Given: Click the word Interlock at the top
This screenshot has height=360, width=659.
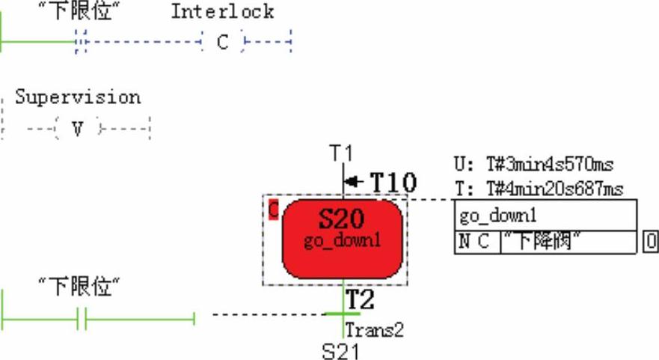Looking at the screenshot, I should [222, 12].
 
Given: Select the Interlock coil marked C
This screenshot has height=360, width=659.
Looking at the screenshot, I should [223, 43].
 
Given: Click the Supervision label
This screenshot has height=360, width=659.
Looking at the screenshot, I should [78, 97].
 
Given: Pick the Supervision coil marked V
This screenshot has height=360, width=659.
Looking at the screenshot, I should [77, 129].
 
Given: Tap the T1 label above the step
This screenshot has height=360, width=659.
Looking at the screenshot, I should [341, 153].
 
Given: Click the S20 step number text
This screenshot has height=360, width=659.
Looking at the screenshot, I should [342, 219].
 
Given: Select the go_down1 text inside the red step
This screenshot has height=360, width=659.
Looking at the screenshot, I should [342, 241].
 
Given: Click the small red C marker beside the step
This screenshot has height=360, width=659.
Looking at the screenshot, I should [274, 211].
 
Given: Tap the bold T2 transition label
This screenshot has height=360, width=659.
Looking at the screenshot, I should [360, 301].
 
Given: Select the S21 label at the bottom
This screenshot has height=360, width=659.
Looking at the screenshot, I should [340, 351].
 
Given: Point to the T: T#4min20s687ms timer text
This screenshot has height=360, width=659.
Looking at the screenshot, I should [538, 189].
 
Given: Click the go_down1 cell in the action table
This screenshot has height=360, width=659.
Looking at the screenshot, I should [498, 216].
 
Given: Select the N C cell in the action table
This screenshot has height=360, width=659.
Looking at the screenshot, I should [474, 242].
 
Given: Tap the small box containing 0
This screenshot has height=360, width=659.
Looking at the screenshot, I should [649, 242].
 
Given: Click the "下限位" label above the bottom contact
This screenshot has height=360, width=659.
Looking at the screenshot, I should [79, 286].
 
